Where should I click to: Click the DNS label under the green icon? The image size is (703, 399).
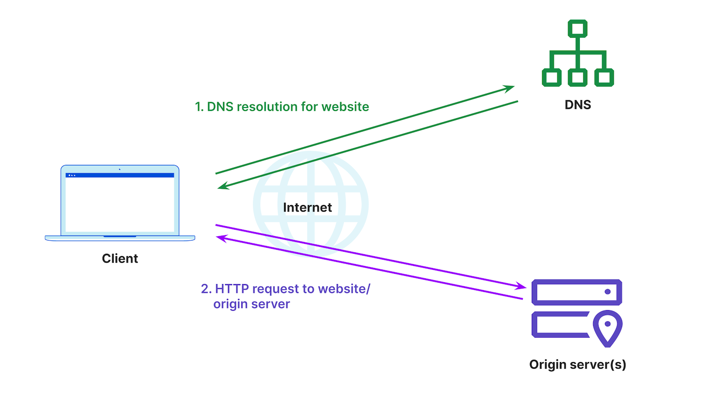(x=577, y=105)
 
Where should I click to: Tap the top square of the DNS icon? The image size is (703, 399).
(x=577, y=29)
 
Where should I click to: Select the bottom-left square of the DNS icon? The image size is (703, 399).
(x=551, y=77)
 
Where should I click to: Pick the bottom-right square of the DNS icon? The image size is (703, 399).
(x=604, y=77)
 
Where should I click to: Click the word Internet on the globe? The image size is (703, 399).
(x=308, y=207)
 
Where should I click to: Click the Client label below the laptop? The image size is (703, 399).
(x=120, y=258)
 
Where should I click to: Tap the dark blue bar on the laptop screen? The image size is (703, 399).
(x=120, y=175)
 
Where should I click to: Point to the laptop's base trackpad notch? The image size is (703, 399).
(x=120, y=237)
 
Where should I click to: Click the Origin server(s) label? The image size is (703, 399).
(x=577, y=365)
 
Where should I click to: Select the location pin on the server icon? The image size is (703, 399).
(x=607, y=326)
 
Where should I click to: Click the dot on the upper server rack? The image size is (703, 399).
(x=607, y=292)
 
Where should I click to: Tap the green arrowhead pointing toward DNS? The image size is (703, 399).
(x=510, y=88)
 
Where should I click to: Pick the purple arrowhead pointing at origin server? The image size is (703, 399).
(x=523, y=286)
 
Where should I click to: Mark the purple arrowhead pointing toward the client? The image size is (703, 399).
(x=221, y=238)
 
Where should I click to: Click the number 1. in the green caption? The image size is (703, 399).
(x=199, y=106)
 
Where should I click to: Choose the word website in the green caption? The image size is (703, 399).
(x=345, y=106)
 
